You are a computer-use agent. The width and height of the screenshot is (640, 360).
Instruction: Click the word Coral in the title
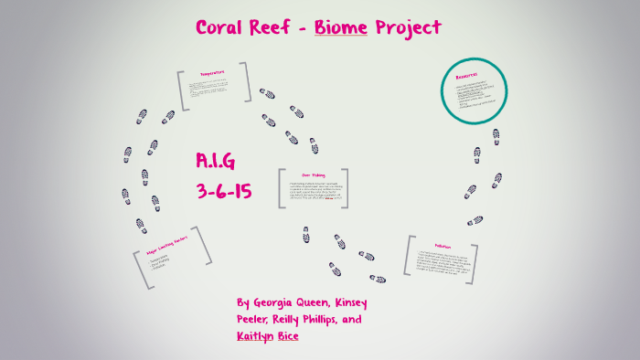220,27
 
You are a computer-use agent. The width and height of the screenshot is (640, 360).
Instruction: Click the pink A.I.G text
216,162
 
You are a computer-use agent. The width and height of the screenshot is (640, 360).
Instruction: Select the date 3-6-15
223,192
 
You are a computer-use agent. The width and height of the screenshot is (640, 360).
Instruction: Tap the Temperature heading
212,73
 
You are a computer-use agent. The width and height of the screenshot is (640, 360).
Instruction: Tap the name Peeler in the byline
255,321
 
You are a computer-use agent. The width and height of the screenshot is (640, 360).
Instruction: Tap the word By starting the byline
242,302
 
